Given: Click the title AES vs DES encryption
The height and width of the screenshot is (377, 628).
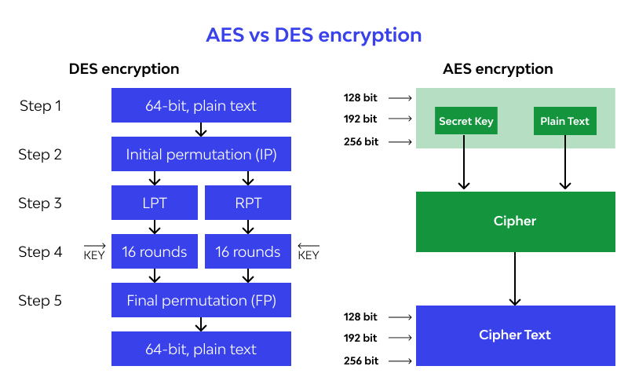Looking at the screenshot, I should pyautogui.click(x=313, y=35).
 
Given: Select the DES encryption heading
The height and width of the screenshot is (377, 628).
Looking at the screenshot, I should pyautogui.click(x=124, y=69).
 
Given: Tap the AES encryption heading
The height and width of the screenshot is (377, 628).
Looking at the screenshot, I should pyautogui.click(x=498, y=69).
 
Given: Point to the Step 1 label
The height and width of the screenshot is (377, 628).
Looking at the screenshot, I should pyautogui.click(x=40, y=106).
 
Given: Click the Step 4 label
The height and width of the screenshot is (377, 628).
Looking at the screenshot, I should pyautogui.click(x=40, y=252).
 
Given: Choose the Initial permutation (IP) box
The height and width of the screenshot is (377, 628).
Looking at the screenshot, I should pyautogui.click(x=201, y=155).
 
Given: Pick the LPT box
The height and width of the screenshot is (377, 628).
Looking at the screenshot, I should pyautogui.click(x=155, y=203).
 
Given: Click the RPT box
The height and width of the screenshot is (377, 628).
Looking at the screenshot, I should pyautogui.click(x=248, y=203).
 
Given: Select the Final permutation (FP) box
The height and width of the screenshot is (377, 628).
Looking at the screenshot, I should pyautogui.click(x=201, y=301).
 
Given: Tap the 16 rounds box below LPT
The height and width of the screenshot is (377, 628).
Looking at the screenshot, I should pyautogui.click(x=155, y=252).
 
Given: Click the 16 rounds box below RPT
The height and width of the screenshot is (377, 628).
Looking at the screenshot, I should pyautogui.click(x=248, y=252).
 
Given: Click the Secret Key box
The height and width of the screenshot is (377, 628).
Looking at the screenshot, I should pyautogui.click(x=466, y=122).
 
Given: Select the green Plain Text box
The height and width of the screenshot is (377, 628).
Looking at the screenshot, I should pyautogui.click(x=564, y=122).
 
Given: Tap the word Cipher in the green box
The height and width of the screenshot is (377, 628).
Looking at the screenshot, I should pyautogui.click(x=515, y=221).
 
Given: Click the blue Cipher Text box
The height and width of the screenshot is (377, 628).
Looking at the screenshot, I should pyautogui.click(x=515, y=335).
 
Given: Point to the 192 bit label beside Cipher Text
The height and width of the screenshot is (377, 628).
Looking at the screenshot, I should pyautogui.click(x=360, y=339).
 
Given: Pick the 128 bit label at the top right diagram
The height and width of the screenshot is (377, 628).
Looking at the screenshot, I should pyautogui.click(x=360, y=98).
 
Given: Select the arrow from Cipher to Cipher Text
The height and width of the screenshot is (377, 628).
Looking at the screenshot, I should pyautogui.click(x=515, y=279).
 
